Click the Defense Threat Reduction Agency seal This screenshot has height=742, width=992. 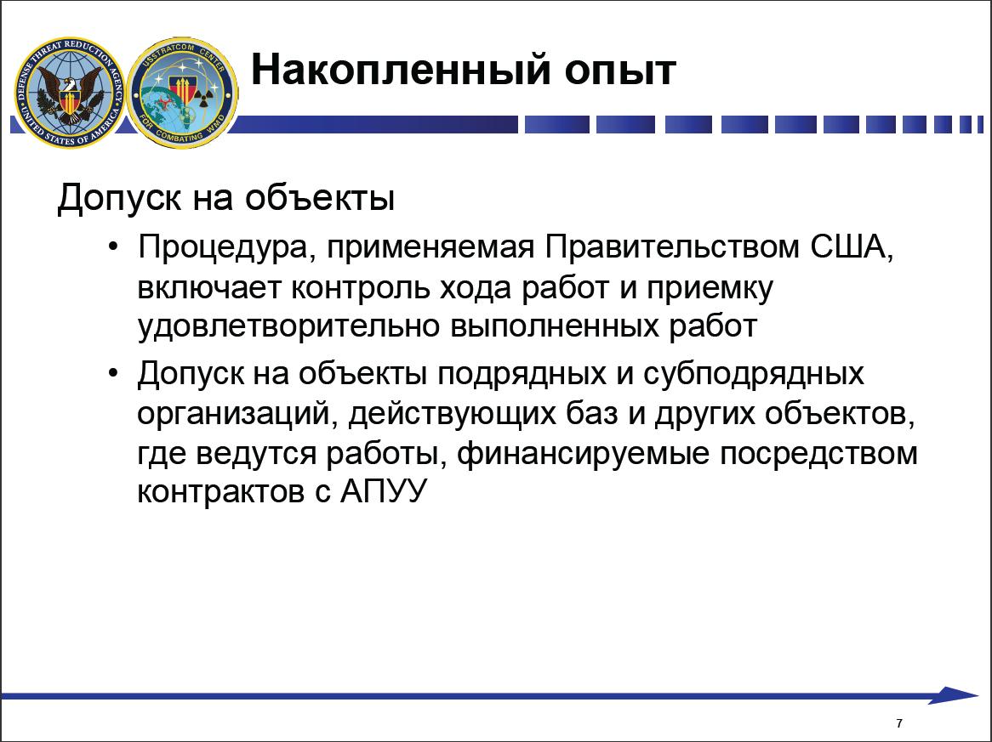(x=69, y=93)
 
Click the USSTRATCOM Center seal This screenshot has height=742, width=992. (x=183, y=93)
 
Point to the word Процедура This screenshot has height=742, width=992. (x=222, y=248)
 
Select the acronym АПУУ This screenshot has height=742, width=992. (x=384, y=491)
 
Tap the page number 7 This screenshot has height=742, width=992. (x=899, y=723)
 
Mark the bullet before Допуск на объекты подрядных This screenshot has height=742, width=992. (x=113, y=374)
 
